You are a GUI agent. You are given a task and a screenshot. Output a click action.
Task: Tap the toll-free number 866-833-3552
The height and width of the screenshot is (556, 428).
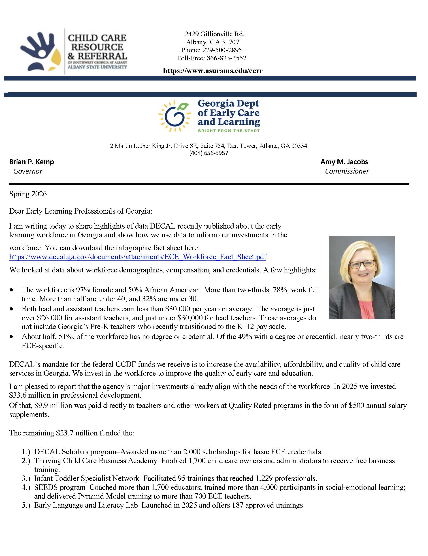point(226,58)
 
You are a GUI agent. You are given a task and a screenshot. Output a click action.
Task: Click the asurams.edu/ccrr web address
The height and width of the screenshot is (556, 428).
point(213,70)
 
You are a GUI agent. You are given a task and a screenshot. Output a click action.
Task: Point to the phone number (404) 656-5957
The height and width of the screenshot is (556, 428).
point(209,153)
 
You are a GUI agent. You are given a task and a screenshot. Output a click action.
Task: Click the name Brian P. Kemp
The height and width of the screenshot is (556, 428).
point(32,162)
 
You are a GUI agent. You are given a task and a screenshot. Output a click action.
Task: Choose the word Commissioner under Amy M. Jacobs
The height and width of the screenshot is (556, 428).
point(347,171)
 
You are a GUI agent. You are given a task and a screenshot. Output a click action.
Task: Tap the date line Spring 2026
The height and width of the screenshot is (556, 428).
point(28,194)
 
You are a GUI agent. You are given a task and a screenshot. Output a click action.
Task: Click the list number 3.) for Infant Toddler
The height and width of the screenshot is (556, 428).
point(26,478)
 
